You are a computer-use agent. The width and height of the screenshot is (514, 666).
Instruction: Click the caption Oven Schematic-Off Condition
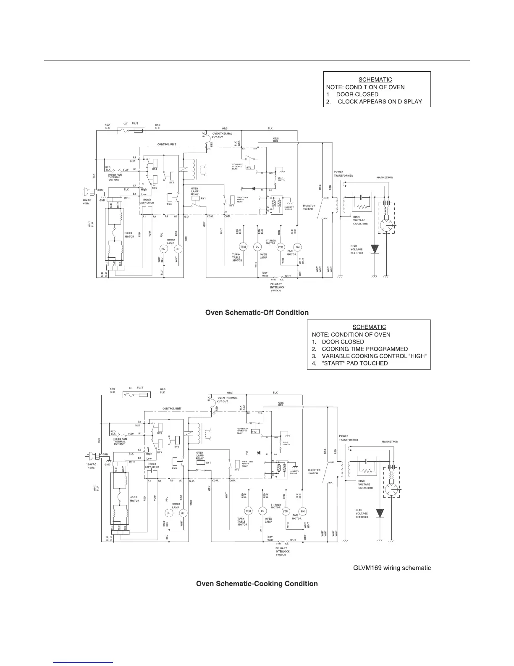pos(257,312)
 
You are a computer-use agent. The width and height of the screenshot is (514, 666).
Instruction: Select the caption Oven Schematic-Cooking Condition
pos(257,584)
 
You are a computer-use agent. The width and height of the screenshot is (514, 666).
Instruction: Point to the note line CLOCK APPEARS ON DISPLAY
pos(380,101)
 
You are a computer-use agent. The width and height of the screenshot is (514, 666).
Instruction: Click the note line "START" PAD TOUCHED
pos(355,363)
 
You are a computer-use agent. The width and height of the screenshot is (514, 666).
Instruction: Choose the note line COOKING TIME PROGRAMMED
pos(365,349)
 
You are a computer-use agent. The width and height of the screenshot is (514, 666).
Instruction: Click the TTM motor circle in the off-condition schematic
pos(243,246)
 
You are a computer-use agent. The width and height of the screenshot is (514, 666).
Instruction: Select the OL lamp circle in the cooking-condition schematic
pos(262,511)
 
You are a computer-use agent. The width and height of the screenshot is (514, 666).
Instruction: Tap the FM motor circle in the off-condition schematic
pos(298,246)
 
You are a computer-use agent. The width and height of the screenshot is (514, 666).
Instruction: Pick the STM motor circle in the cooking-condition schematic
pos(286,512)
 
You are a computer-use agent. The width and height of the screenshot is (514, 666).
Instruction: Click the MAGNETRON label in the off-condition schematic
pos(384,177)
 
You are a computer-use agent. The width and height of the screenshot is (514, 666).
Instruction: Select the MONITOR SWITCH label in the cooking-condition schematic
pos(314,472)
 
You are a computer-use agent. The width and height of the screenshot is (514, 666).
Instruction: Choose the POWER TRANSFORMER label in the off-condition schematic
pos(344,174)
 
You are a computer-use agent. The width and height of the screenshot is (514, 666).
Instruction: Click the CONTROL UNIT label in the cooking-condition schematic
pos(172,409)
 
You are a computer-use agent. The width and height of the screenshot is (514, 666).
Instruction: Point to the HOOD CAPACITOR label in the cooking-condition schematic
pos(152,465)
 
